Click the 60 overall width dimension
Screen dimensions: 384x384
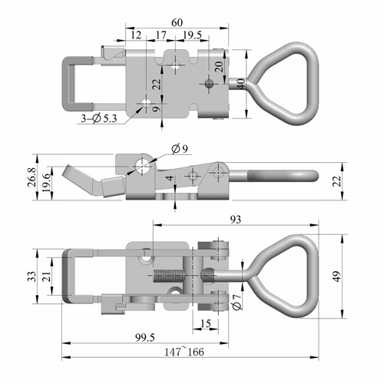(x=177, y=22)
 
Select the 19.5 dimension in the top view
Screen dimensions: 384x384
(x=192, y=35)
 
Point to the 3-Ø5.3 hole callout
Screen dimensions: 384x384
(x=99, y=118)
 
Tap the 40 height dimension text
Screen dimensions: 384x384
(x=241, y=84)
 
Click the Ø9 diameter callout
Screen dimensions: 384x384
(x=180, y=149)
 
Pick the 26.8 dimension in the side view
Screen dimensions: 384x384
(x=32, y=177)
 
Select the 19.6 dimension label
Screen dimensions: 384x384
(x=46, y=184)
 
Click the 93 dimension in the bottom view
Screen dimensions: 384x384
(x=236, y=220)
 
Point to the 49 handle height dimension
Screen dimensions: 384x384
(x=337, y=276)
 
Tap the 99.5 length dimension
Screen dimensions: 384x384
(x=145, y=338)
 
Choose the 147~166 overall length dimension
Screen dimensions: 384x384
(x=184, y=352)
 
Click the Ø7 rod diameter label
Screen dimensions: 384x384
(x=237, y=302)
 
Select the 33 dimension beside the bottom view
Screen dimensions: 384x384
(x=32, y=276)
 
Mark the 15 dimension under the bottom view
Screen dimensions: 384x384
(x=206, y=323)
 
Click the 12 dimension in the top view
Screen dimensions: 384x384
(x=136, y=35)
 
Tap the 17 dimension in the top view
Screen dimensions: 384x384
(x=161, y=35)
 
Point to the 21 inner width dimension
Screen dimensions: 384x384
(x=47, y=276)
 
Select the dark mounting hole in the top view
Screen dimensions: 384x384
(x=210, y=83)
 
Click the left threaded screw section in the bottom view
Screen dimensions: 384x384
(x=169, y=276)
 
